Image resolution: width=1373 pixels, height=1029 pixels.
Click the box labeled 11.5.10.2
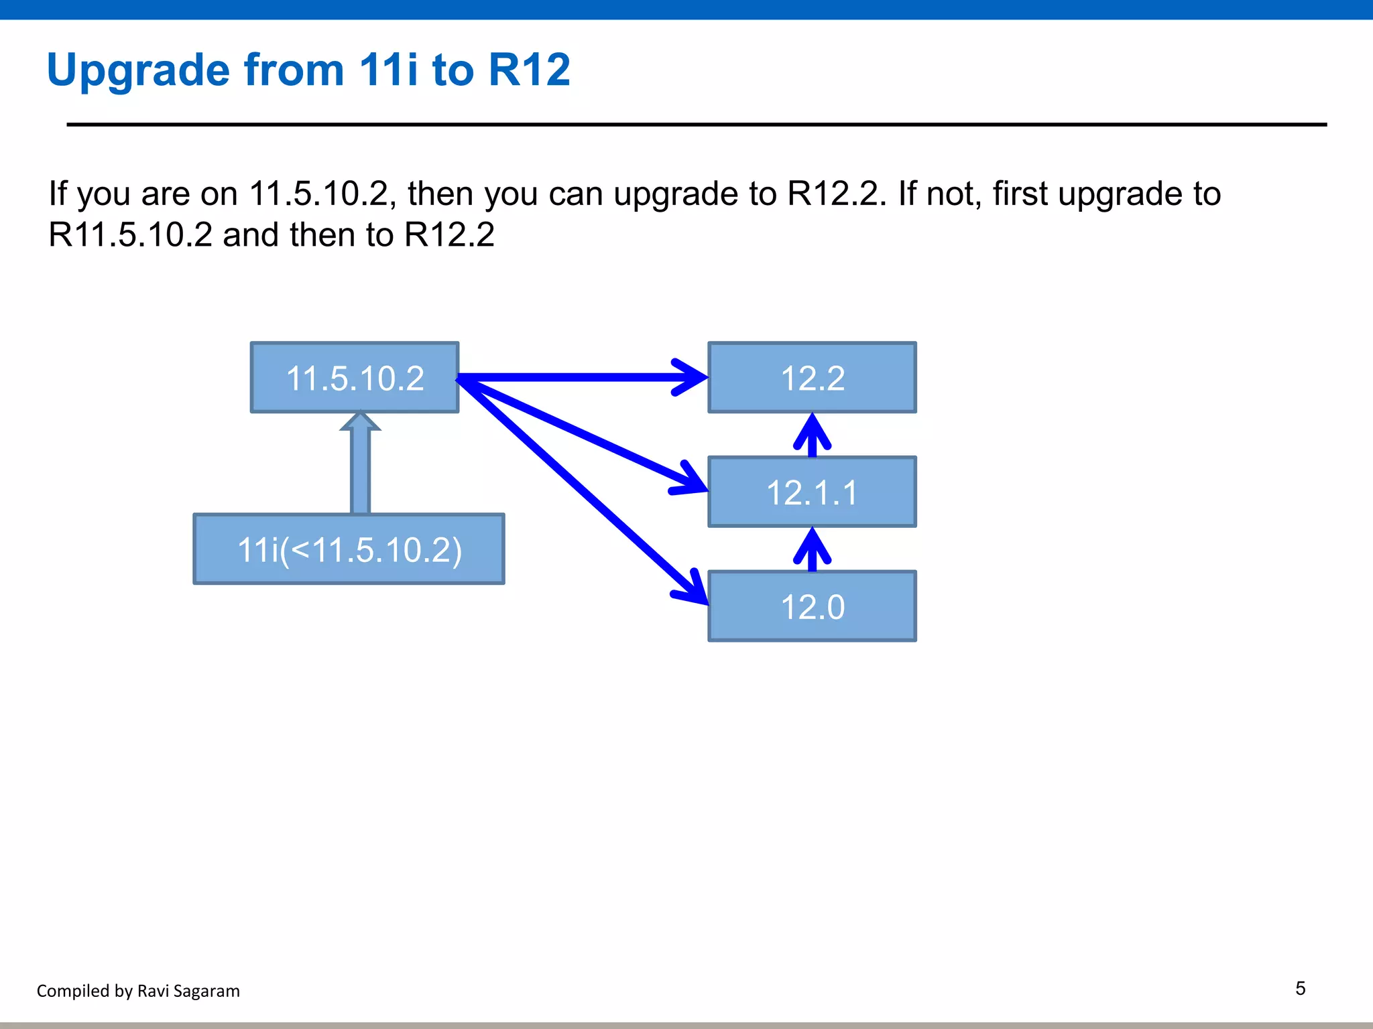pyautogui.click(x=355, y=378)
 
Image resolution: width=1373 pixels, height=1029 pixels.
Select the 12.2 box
pyautogui.click(x=812, y=378)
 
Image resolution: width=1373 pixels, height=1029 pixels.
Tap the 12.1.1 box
pyautogui.click(x=812, y=492)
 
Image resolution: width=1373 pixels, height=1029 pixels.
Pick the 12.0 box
pyautogui.click(x=812, y=606)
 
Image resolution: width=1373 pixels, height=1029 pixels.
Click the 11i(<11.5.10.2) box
pyautogui.click(x=349, y=549)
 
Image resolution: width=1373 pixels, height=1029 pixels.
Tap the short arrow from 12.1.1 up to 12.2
pyautogui.click(x=812, y=436)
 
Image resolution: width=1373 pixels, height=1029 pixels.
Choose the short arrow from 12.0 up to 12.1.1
pyautogui.click(x=812, y=550)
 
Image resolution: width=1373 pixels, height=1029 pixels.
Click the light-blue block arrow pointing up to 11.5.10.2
pyautogui.click(x=361, y=466)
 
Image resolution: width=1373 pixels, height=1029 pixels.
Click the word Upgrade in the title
pyautogui.click(x=138, y=70)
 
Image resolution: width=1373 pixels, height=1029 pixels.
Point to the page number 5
pyautogui.click(x=1300, y=989)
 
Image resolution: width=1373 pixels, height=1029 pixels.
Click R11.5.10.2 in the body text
pyautogui.click(x=131, y=235)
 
